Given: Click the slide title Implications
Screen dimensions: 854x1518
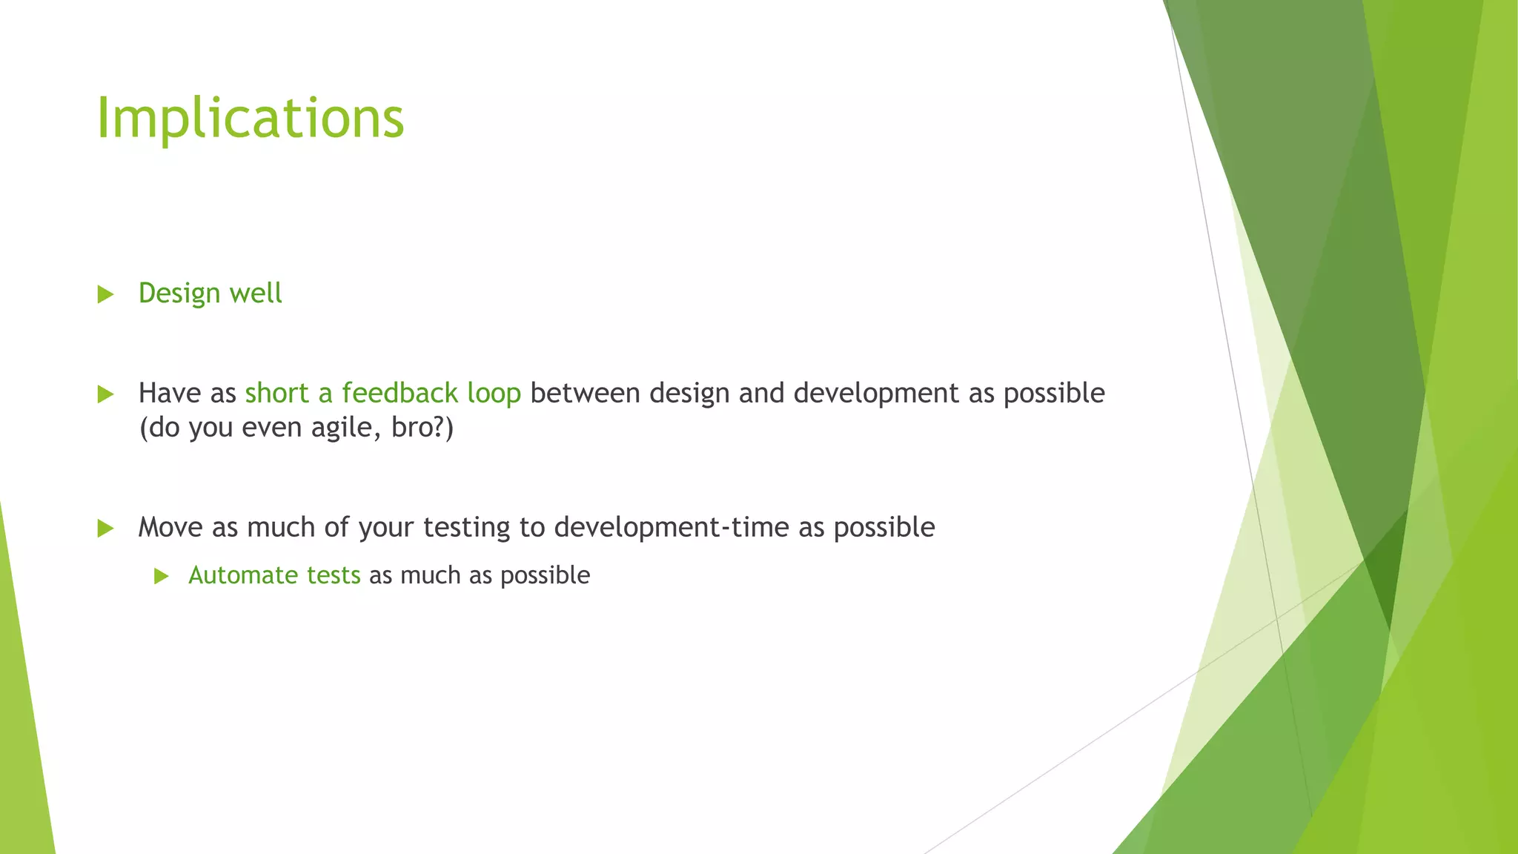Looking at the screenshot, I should click(250, 118).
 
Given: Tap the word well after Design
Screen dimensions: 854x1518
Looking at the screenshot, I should click(256, 294).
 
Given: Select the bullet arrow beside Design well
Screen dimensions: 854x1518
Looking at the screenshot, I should click(105, 294).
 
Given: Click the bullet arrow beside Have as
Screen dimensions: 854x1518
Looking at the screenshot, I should click(105, 394).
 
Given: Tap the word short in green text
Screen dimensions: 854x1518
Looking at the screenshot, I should click(276, 393).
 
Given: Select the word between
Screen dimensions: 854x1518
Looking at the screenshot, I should click(585, 393).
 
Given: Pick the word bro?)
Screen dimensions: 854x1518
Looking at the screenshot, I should click(422, 428).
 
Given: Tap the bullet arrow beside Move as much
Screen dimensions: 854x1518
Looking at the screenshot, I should click(105, 529).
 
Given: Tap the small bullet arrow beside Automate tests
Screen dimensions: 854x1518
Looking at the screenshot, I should click(162, 576).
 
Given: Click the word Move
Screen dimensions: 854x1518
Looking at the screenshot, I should click(170, 527).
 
